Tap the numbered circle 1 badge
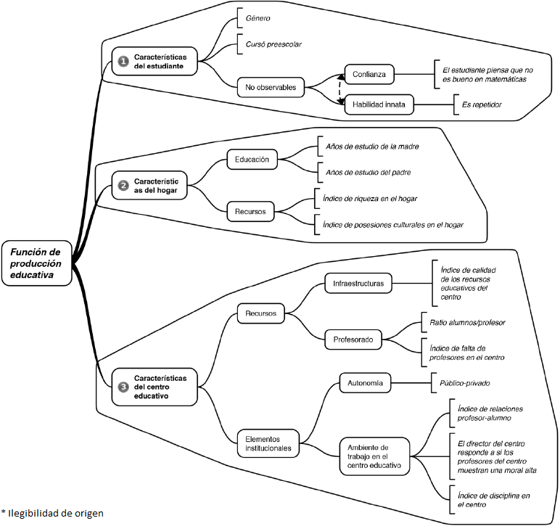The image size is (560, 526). [124, 61]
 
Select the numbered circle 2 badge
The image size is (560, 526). [124, 186]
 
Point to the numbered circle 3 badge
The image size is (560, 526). [124, 387]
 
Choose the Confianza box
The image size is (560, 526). [370, 74]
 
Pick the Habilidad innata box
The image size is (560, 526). [378, 104]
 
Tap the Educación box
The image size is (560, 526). [252, 159]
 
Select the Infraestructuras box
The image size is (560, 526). [358, 282]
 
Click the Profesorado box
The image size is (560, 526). [353, 338]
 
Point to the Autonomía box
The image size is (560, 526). [366, 382]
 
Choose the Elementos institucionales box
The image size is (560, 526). [268, 443]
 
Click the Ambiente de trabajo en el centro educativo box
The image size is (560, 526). [374, 456]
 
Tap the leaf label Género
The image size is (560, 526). [259, 17]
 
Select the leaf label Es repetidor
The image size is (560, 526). [482, 105]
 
